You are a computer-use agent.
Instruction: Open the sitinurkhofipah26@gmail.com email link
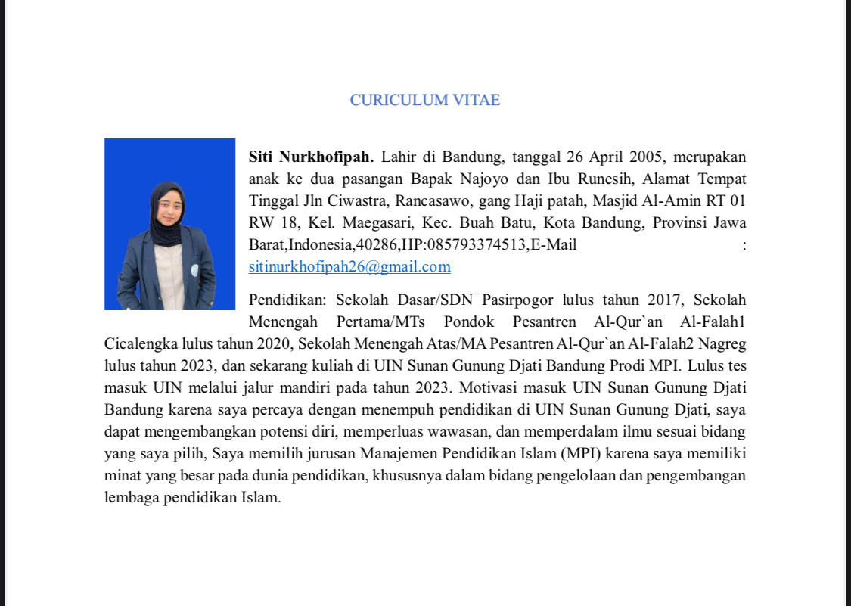349,266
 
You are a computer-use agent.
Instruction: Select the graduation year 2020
256,344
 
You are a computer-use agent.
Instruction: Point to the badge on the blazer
194,269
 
